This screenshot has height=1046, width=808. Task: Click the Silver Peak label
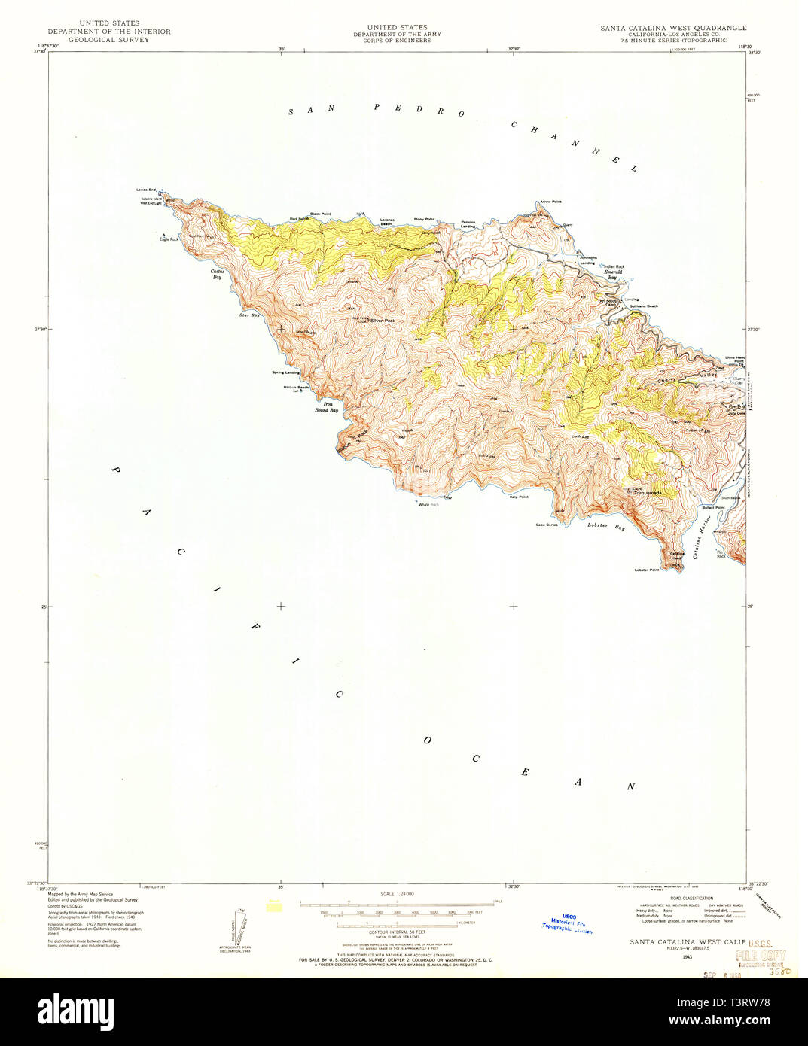(383, 321)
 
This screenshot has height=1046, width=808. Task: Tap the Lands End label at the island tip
(146, 190)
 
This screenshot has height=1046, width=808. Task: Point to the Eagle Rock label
(169, 239)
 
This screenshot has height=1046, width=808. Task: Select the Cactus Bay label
(217, 274)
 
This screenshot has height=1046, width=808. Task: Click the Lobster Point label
(647, 570)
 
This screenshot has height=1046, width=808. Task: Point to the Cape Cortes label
(547, 525)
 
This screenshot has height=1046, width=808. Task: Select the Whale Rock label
(428, 504)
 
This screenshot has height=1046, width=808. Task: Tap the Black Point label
(320, 214)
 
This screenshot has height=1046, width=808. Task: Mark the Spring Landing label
(285, 372)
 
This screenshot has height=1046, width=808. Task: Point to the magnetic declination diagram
(235, 926)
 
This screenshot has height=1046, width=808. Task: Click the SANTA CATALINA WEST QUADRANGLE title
(673, 28)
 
